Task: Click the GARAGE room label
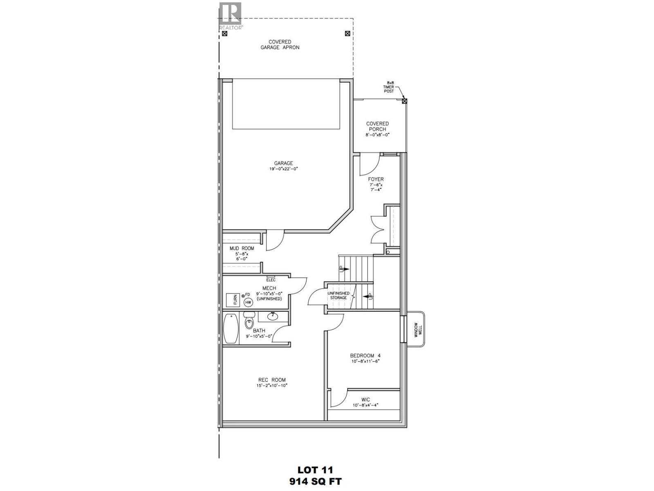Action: pyautogui.click(x=283, y=163)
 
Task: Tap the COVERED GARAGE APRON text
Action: pyautogui.click(x=280, y=45)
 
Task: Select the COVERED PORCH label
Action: pyautogui.click(x=377, y=126)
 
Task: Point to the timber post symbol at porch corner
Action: pyautogui.click(x=405, y=101)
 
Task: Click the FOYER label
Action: pyautogui.click(x=376, y=179)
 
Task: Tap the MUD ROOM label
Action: pyautogui.click(x=242, y=248)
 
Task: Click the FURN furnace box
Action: pyautogui.click(x=235, y=300)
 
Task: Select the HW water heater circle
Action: pyautogui.click(x=248, y=302)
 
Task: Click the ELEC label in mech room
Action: pyautogui.click(x=271, y=280)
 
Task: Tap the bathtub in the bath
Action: pyautogui.click(x=231, y=329)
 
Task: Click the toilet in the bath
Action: pyautogui.click(x=249, y=322)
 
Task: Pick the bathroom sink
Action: pyautogui.click(x=272, y=316)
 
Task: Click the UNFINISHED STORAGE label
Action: pyautogui.click(x=338, y=295)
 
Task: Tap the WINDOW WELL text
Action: pyautogui.click(x=417, y=329)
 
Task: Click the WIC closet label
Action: pyautogui.click(x=365, y=400)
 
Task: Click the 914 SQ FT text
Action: pyautogui.click(x=315, y=481)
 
